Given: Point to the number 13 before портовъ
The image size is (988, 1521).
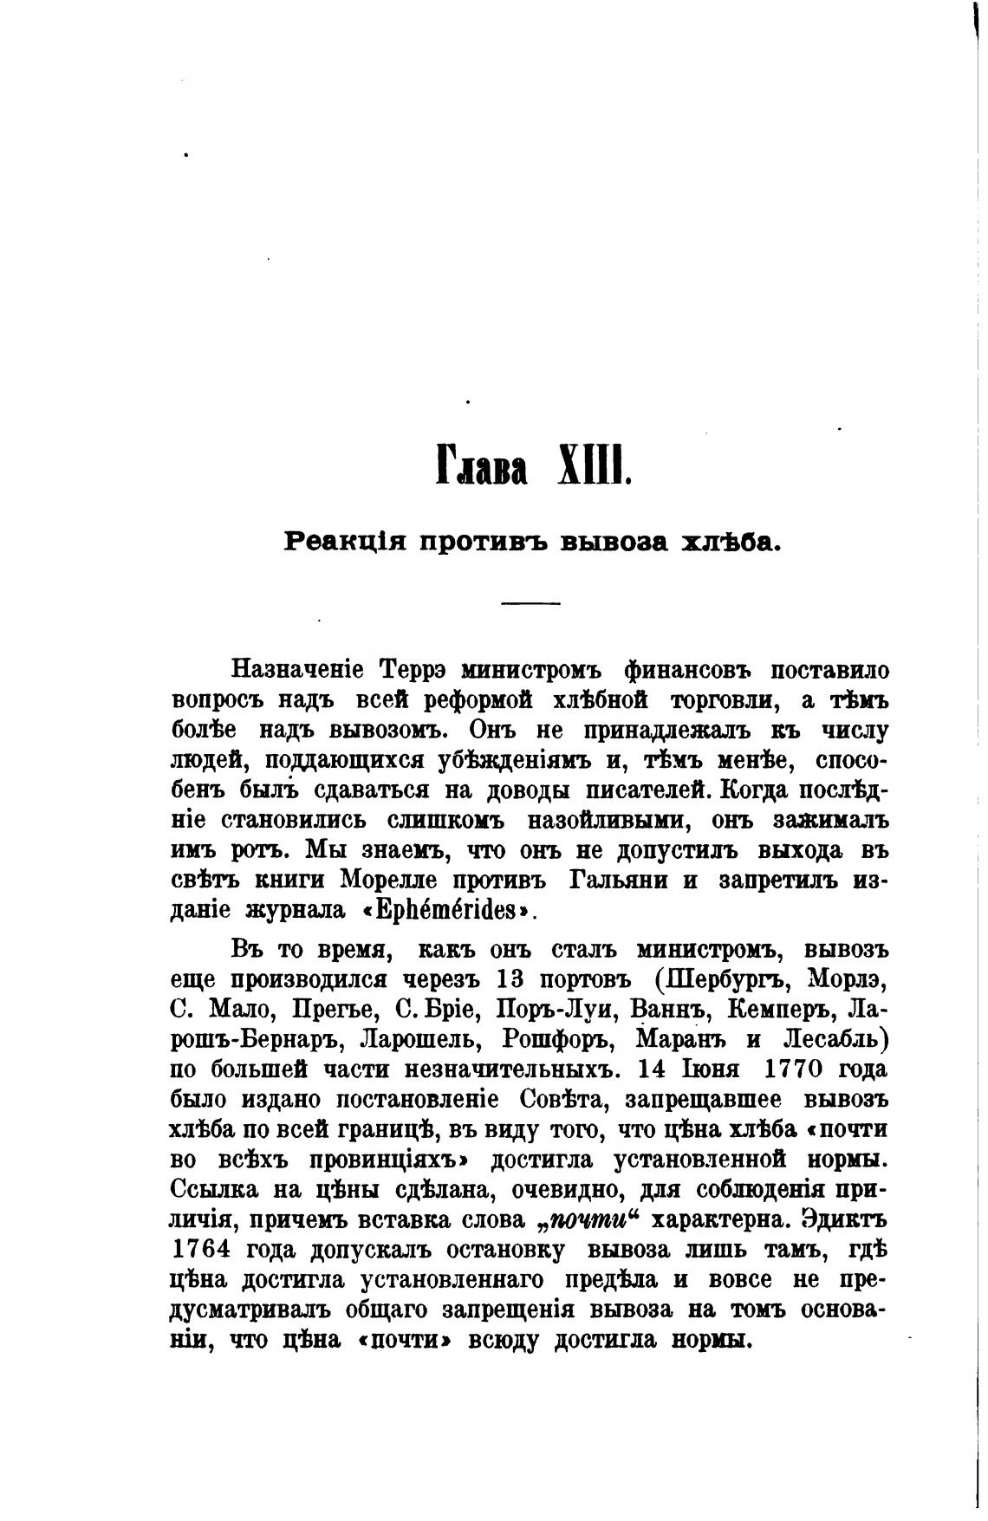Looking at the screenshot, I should (511, 978).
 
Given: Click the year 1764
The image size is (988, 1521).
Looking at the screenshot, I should (200, 1250).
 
